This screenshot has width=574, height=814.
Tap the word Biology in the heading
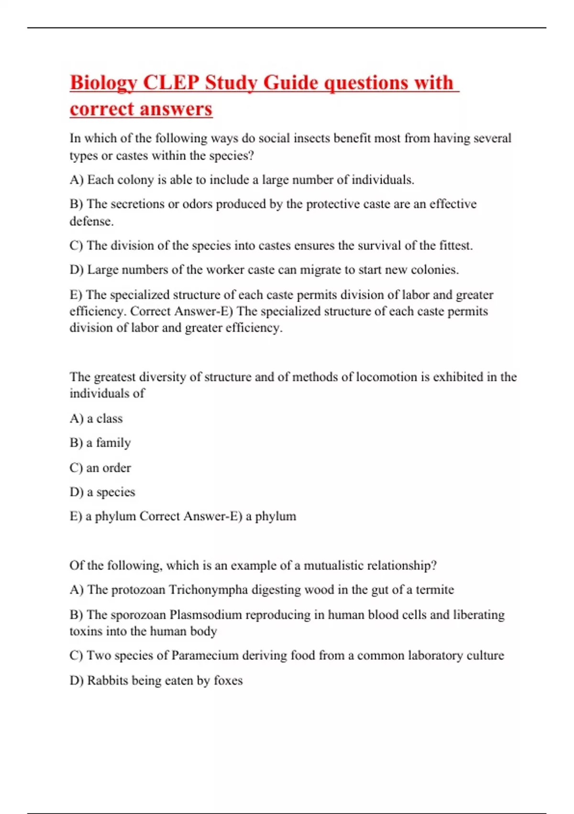click(103, 82)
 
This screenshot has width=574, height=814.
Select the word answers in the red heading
click(175, 109)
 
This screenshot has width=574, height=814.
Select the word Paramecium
click(204, 655)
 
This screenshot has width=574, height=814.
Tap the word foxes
click(228, 680)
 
